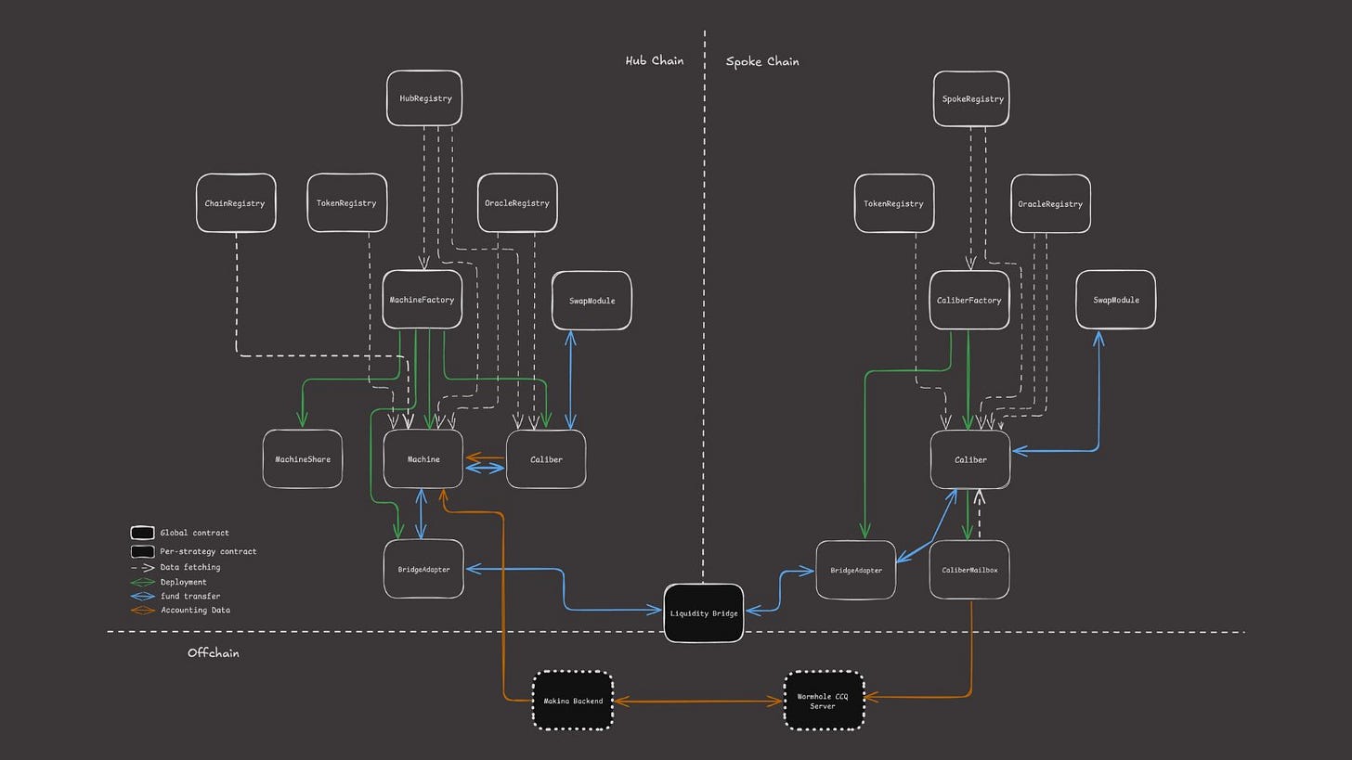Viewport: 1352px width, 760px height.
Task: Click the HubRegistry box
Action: (x=424, y=98)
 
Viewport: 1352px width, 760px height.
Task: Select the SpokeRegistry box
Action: (x=971, y=99)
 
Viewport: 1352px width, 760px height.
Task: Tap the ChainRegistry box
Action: (x=236, y=203)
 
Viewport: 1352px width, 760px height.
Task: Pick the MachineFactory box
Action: (x=422, y=300)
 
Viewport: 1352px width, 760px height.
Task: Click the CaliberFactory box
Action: (x=969, y=300)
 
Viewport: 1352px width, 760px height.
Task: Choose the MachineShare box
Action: (x=303, y=459)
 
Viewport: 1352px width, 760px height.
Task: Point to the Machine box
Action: (x=423, y=459)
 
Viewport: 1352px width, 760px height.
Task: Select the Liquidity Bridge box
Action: (x=704, y=613)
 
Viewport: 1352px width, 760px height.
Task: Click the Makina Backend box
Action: (x=573, y=701)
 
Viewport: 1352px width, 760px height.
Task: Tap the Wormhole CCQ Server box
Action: (x=824, y=701)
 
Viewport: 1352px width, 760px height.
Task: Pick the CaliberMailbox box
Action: (x=969, y=570)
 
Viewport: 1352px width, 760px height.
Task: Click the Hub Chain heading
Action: (x=655, y=60)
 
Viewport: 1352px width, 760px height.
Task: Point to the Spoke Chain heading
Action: (x=762, y=61)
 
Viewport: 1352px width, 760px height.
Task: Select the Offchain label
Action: (x=213, y=652)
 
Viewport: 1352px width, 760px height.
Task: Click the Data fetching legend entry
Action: (x=175, y=567)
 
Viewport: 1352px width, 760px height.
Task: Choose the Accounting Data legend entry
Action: (x=180, y=610)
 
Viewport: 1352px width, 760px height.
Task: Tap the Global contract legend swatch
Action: (x=142, y=533)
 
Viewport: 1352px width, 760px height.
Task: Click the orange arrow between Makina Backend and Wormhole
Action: (x=698, y=701)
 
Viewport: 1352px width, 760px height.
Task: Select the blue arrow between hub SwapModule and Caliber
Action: (x=570, y=380)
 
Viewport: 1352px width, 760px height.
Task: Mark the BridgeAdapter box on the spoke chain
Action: (x=856, y=570)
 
